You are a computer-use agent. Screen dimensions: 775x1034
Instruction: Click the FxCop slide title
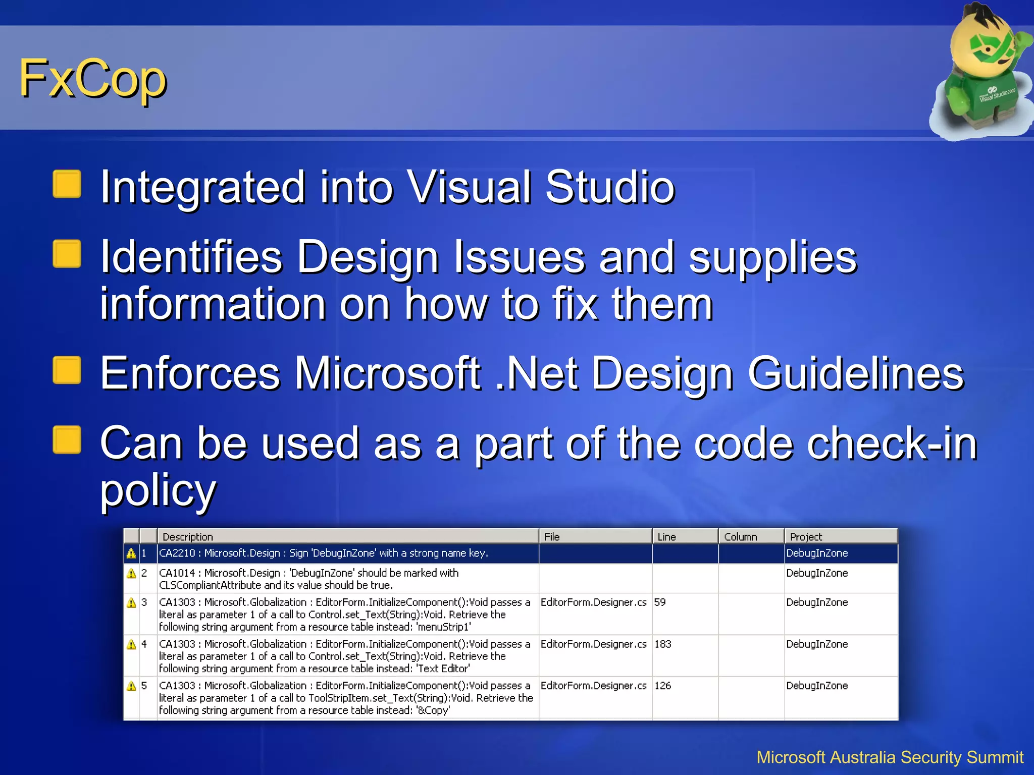(93, 79)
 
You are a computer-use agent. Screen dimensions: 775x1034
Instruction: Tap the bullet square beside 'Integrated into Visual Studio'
(67, 184)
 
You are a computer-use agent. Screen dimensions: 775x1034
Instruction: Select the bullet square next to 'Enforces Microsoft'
(67, 370)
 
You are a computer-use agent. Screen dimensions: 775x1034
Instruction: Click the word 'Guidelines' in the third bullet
(855, 373)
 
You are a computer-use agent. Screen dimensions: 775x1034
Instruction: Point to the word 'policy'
(158, 490)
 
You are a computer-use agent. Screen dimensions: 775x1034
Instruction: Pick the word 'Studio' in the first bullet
(609, 187)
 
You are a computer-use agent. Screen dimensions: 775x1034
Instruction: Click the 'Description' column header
(187, 537)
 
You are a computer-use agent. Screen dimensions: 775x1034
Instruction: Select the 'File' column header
(552, 537)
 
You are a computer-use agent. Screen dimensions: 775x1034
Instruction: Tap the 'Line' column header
(666, 537)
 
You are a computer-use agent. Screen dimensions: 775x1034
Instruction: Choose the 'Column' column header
(740, 537)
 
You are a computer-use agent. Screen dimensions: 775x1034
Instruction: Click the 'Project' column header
(806, 537)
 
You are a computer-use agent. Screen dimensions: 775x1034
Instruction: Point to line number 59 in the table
(660, 602)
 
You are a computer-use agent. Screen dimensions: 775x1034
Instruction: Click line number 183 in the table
(663, 644)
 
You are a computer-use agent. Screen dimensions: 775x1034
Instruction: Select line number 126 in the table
(663, 686)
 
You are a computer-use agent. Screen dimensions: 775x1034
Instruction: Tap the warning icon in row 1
(131, 553)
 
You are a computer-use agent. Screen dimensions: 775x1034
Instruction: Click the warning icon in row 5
(131, 686)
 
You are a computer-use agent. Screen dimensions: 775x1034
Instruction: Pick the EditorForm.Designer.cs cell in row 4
(593, 644)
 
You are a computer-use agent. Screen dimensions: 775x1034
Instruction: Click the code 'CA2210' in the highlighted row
(177, 553)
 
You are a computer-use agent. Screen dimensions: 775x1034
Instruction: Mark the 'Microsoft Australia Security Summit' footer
(890, 757)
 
